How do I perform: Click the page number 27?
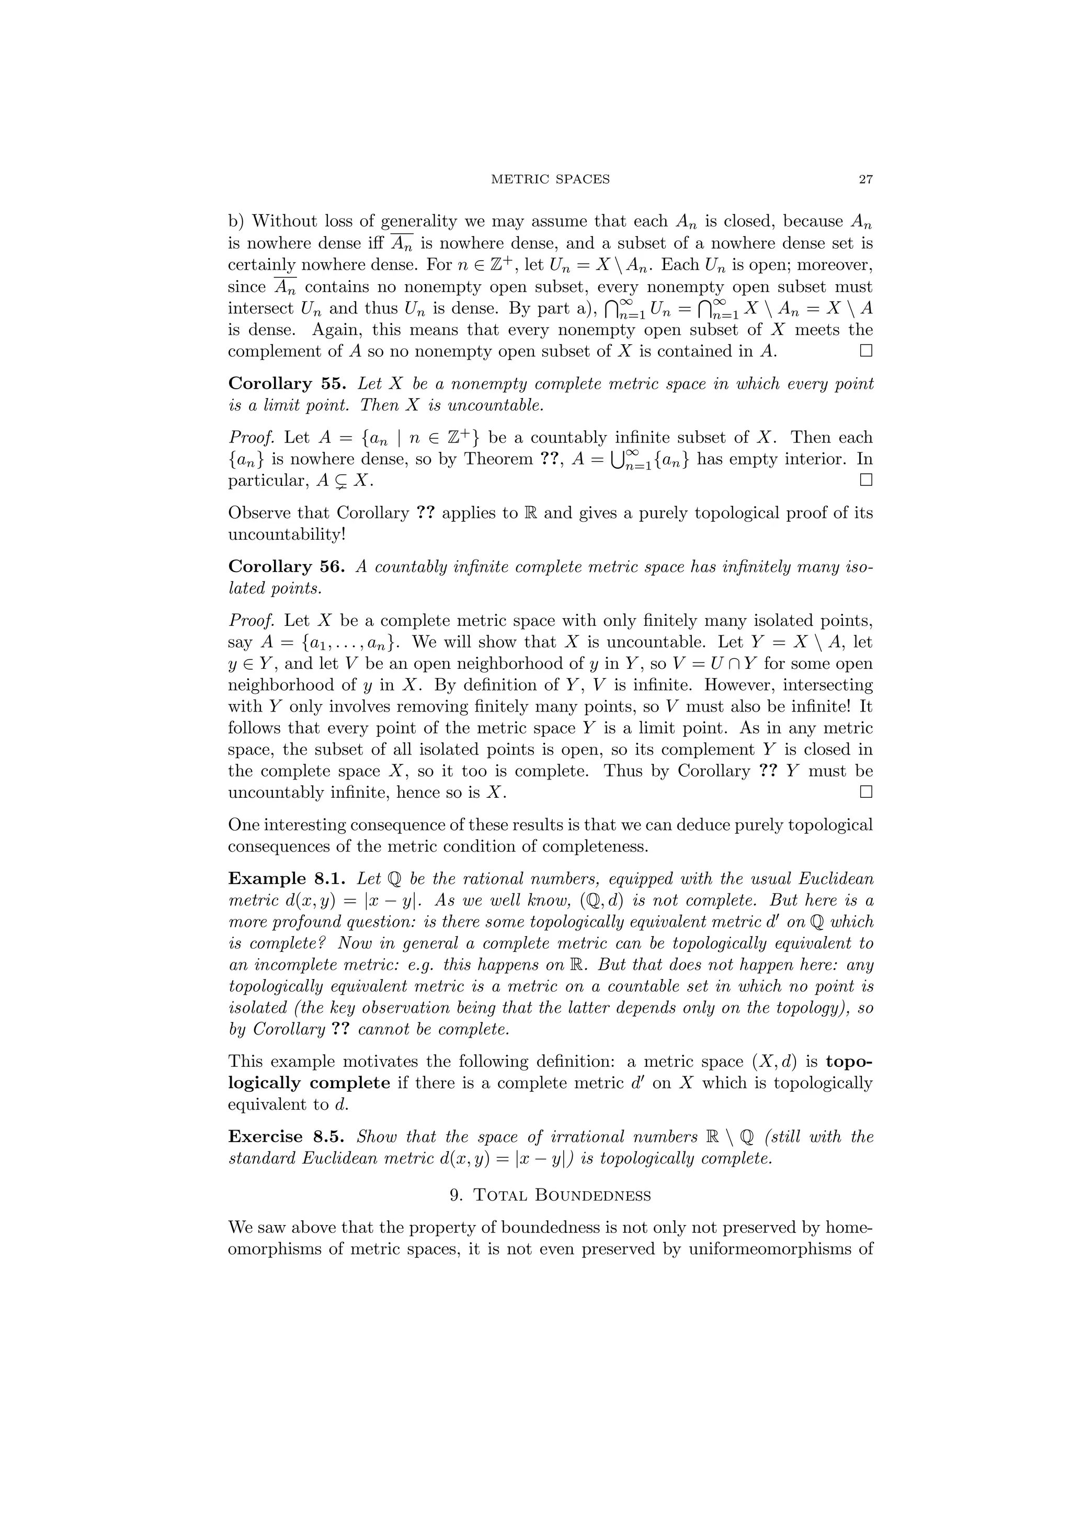pos(865,179)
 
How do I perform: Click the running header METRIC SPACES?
pos(551,179)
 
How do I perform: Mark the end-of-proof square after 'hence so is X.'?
pos(866,792)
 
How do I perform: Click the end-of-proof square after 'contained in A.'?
pos(866,351)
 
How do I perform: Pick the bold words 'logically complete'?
pos(309,1084)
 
